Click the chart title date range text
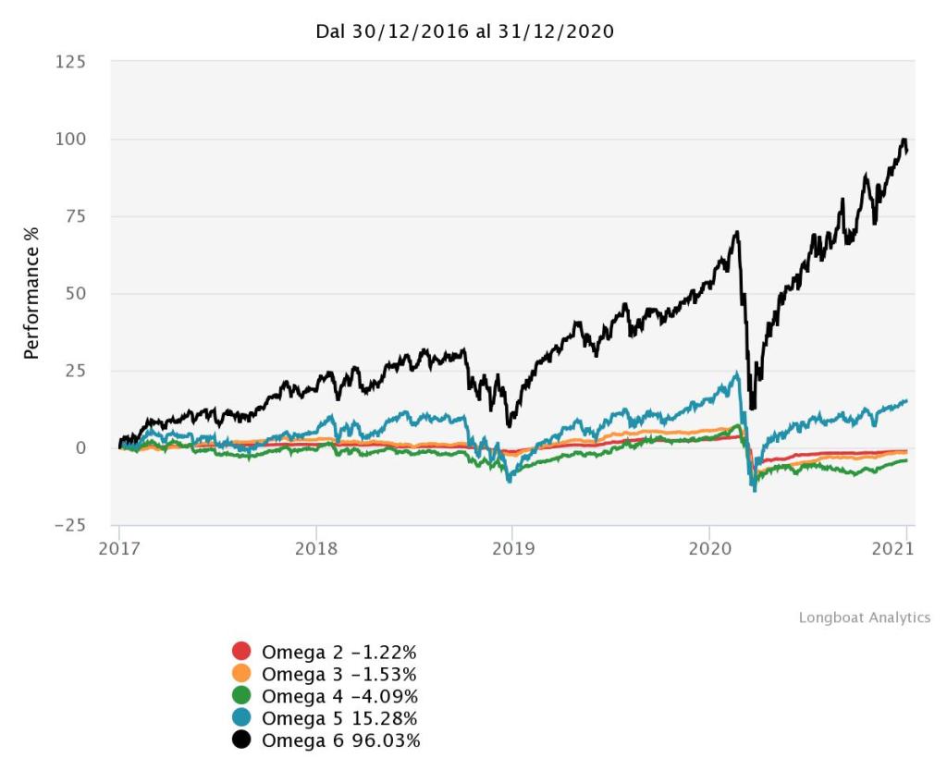(465, 31)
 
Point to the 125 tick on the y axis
(69, 62)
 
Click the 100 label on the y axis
(69, 139)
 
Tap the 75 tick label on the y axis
(74, 216)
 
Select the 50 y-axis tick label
(74, 293)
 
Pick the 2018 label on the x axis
(316, 548)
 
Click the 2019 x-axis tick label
(512, 548)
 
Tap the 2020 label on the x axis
(709, 548)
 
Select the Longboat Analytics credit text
(865, 617)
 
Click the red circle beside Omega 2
(241, 651)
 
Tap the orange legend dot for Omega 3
(241, 673)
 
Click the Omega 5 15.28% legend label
(339, 717)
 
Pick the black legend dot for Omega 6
(241, 740)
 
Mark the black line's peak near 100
(903, 140)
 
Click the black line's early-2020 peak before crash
(736, 232)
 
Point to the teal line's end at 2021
(906, 400)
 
